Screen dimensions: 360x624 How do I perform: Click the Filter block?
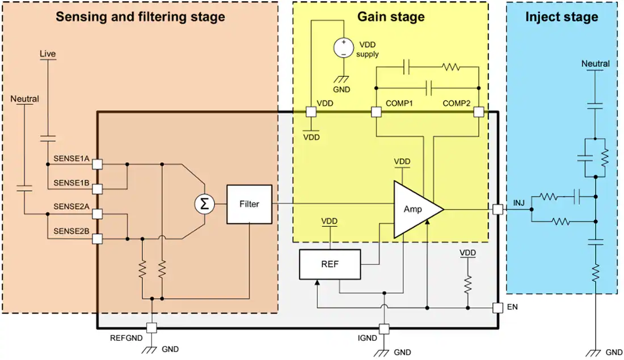coord(250,204)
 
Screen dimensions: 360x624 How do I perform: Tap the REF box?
coord(330,264)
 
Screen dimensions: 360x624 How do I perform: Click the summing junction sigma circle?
coord(205,204)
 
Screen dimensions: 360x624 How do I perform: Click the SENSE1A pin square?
coord(98,164)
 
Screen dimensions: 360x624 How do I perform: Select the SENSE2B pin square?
coord(98,239)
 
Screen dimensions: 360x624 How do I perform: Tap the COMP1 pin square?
coord(376,112)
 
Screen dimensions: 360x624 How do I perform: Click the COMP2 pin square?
coord(479,112)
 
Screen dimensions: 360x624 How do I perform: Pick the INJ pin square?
coord(497,209)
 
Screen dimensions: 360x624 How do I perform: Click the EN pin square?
coord(497,308)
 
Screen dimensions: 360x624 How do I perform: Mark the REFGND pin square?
coord(151,328)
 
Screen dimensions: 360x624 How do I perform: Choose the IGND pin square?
coord(384,328)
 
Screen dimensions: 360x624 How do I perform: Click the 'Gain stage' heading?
coord(390,16)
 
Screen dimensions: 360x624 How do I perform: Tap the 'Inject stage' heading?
coord(562,16)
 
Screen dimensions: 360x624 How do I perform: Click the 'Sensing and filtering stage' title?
coord(140,16)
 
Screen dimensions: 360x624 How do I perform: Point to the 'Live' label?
coord(48,54)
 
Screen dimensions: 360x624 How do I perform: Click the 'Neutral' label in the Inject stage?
coord(596,64)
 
